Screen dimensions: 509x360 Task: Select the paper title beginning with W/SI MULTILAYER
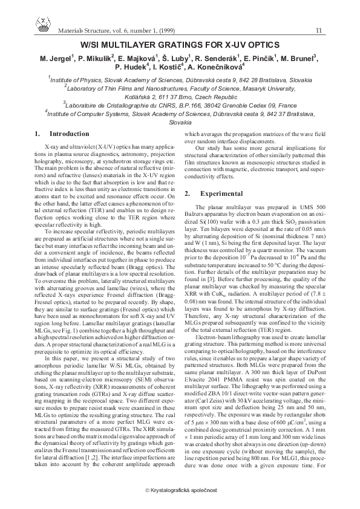(180, 45)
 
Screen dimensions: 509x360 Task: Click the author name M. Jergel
(56, 59)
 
